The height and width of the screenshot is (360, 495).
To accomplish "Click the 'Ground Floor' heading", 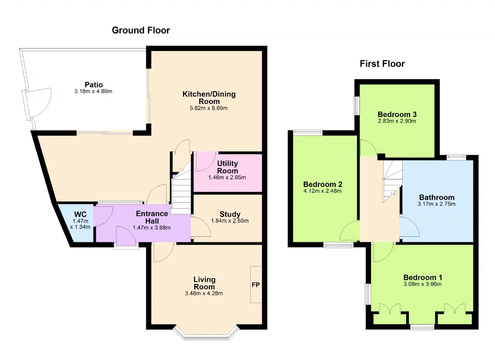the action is tap(141, 30).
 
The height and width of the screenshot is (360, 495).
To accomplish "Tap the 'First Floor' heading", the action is tap(382, 64).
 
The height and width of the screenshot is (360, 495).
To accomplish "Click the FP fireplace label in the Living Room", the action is tap(256, 285).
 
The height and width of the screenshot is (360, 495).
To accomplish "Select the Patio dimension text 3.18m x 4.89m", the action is tap(93, 91).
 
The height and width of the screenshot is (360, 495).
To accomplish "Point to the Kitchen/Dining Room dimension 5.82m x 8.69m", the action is tap(208, 108).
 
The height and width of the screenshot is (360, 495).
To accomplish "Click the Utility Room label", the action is tap(228, 167).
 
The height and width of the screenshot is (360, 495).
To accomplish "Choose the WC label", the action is tap(80, 214).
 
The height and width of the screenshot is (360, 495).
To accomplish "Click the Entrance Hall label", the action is tap(152, 217).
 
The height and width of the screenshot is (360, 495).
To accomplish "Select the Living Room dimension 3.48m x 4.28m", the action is tap(204, 293).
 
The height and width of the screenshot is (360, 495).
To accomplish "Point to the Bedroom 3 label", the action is tap(397, 114).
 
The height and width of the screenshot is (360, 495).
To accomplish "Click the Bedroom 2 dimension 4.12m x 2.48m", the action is tap(323, 191).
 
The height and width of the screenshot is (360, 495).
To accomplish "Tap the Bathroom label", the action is tap(437, 197).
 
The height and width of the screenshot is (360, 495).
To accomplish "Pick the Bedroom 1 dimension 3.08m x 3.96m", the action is tap(423, 284).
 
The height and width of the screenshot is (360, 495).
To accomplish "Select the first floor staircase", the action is tap(393, 180).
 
